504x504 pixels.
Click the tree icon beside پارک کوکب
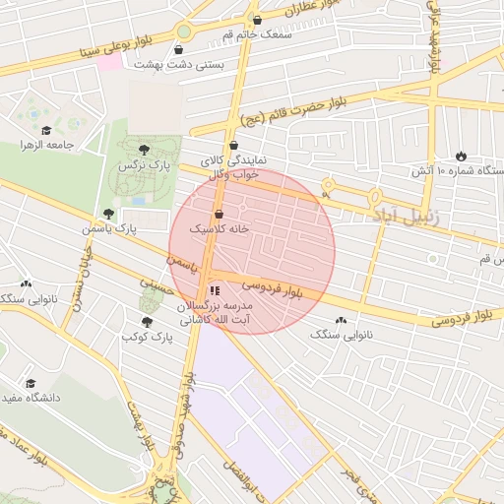point(148,321)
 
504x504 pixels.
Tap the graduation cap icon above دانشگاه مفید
point(31,382)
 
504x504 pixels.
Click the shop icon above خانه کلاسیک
point(219,214)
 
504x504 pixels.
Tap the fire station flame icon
point(461,156)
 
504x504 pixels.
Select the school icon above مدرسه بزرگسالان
point(215,290)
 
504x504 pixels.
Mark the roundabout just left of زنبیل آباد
point(327,184)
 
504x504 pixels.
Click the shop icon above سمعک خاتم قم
point(257,20)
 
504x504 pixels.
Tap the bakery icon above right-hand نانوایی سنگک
point(342,320)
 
